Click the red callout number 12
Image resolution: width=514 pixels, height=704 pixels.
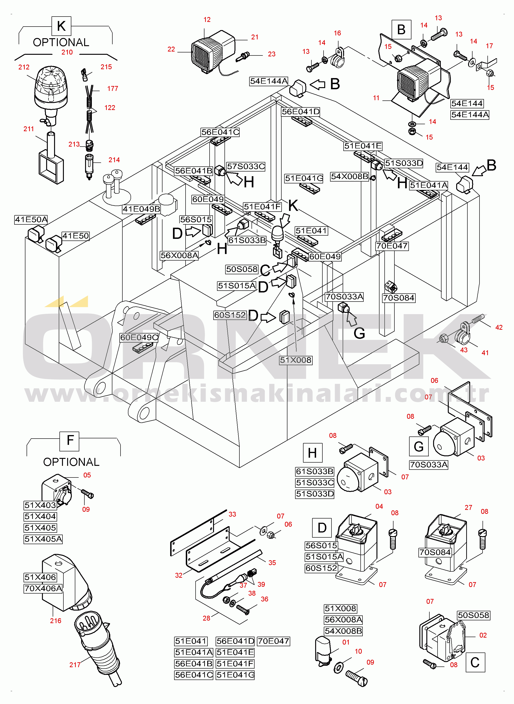(207, 20)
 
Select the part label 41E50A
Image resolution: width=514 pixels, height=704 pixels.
(31, 220)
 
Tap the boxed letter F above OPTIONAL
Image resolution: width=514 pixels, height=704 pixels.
(70, 441)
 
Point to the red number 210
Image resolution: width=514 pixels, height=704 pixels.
(67, 52)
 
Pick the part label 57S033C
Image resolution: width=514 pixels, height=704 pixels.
(246, 166)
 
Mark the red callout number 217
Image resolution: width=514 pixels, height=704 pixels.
(75, 665)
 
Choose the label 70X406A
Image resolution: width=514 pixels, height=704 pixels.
(43, 588)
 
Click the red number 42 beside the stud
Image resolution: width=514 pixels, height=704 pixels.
(499, 327)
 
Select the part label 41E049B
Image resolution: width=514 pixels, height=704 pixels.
(141, 209)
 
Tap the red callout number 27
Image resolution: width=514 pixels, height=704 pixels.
(468, 508)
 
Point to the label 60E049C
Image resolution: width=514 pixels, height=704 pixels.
(139, 337)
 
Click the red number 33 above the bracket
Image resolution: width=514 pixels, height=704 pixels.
(232, 514)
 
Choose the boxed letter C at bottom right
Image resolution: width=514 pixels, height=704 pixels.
(475, 662)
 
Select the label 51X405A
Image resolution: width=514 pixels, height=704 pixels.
(43, 539)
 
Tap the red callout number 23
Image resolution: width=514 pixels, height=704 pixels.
(272, 54)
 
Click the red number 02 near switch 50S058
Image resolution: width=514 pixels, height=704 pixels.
(483, 635)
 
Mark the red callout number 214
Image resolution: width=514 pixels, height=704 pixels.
(114, 160)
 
